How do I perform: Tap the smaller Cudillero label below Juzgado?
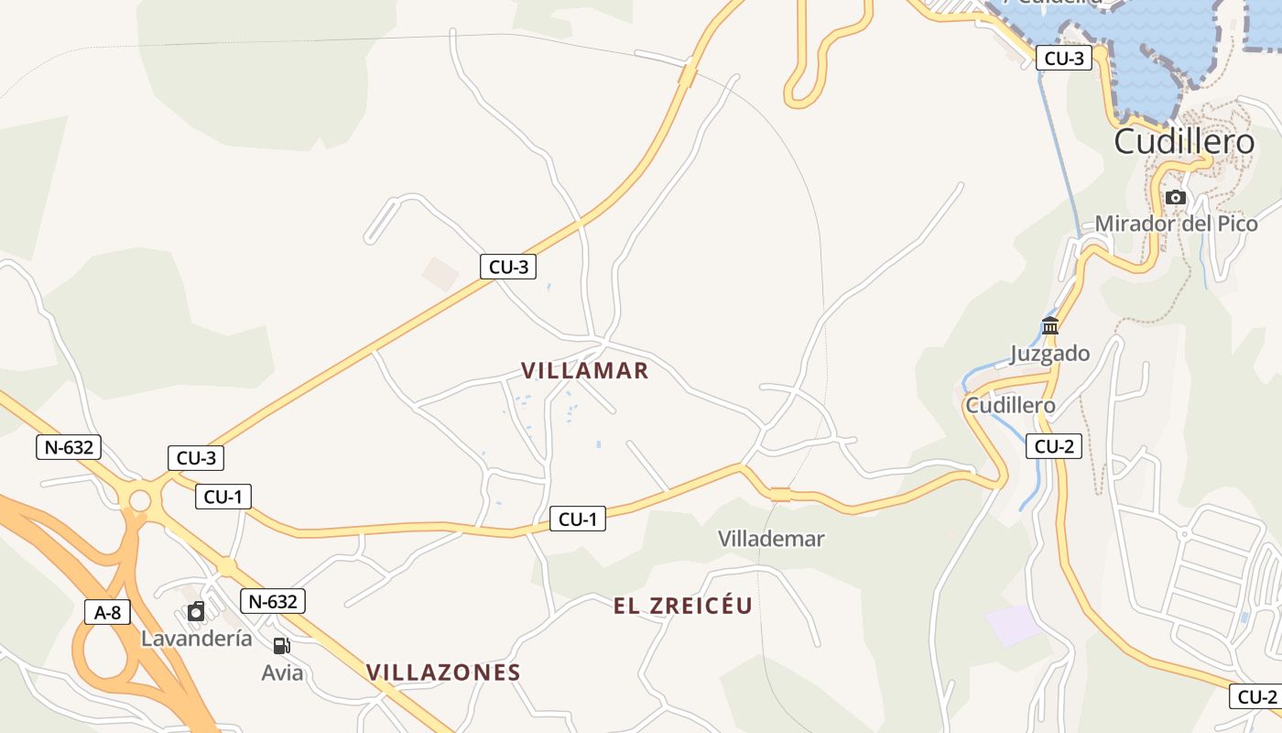tap(1010, 405)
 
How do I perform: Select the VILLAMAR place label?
tap(584, 370)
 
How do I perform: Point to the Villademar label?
tap(771, 539)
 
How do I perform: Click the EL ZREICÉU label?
tap(683, 606)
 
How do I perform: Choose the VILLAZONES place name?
tap(443, 673)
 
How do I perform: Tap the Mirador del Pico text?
tap(1176, 224)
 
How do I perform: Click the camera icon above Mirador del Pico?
tap(1176, 197)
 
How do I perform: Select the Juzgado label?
tap(1049, 354)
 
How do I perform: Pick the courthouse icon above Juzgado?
tap(1050, 325)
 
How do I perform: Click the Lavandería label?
tap(196, 639)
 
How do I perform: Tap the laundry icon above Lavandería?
tap(196, 612)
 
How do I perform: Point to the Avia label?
tap(282, 673)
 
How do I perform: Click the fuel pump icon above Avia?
tap(282, 646)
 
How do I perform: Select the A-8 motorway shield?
tap(108, 612)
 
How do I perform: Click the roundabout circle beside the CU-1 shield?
tap(140, 501)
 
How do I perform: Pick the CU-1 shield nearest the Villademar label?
tap(578, 520)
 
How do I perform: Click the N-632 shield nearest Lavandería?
tap(273, 601)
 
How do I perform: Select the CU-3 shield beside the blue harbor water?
tap(1064, 59)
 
